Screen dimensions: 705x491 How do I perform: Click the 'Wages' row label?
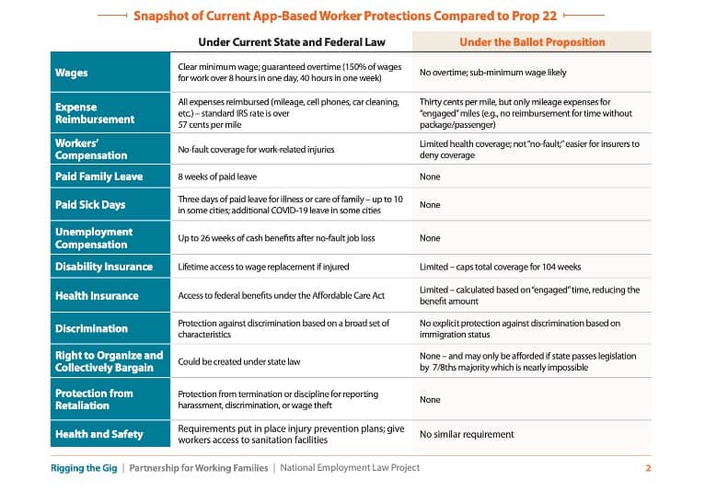[72, 73]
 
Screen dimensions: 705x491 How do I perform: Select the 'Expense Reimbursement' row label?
[95, 113]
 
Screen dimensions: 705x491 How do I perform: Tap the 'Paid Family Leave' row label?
[98, 177]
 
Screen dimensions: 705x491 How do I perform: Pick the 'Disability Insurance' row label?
[104, 267]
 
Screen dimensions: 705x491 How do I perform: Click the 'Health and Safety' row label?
[98, 434]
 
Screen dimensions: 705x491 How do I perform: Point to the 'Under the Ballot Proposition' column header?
[532, 42]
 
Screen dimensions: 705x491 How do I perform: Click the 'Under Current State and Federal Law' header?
[292, 42]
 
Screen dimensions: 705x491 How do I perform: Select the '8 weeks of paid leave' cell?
[217, 177]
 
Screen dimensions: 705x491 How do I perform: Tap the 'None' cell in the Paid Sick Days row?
[430, 205]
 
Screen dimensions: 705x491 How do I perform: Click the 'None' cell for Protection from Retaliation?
[430, 400]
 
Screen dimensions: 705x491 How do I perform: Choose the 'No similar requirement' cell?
[467, 434]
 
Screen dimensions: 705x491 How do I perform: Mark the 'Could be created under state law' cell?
[238, 361]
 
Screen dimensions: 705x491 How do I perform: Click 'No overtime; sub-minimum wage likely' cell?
[492, 73]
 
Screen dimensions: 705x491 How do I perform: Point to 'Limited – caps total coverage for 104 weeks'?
[500, 267]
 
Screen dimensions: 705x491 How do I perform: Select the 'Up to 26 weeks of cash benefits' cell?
[276, 238]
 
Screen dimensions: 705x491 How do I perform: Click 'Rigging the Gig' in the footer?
[84, 468]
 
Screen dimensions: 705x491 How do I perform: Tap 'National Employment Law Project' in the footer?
[350, 468]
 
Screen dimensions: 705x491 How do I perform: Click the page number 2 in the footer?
[648, 468]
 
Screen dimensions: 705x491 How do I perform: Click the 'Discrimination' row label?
[91, 329]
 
